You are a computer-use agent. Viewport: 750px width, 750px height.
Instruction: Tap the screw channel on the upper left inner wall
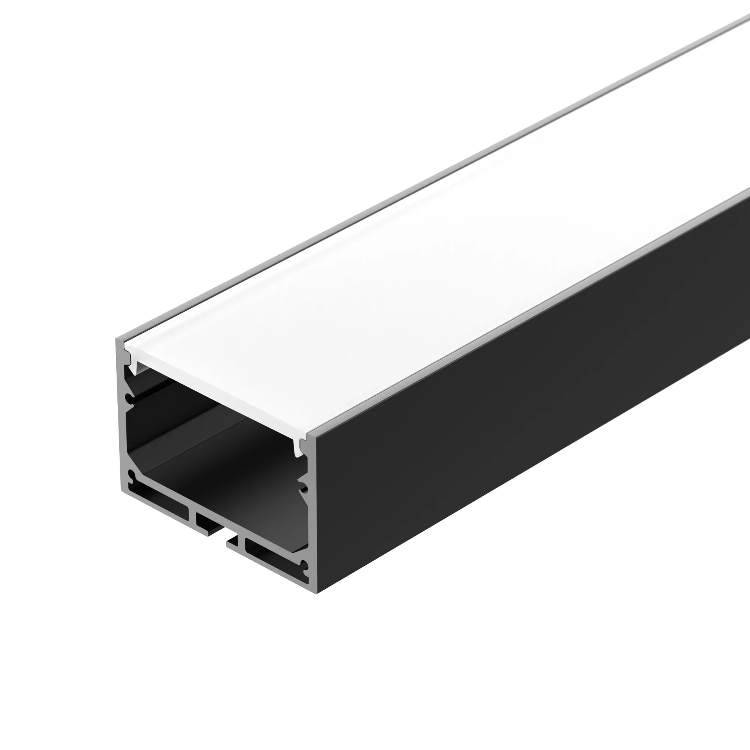pyautogui.click(x=129, y=399)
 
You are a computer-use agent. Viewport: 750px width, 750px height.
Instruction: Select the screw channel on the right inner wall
pyautogui.click(x=304, y=488)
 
